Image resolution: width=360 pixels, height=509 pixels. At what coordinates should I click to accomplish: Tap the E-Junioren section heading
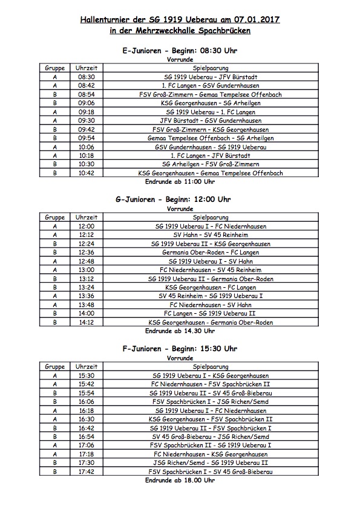coord(180,50)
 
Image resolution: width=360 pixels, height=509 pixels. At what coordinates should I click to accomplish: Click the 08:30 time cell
coord(86,77)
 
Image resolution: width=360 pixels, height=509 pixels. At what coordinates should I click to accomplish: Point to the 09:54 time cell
coord(86,138)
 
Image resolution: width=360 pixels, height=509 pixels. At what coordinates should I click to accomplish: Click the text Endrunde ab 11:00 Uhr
coord(180,181)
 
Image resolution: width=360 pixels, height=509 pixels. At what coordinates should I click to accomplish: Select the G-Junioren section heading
coord(180,199)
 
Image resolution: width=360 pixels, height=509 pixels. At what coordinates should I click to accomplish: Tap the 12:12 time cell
coord(86,235)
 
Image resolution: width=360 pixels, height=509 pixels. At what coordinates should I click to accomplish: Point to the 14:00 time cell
coord(86,314)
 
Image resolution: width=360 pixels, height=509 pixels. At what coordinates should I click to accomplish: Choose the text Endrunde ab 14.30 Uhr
coord(180,331)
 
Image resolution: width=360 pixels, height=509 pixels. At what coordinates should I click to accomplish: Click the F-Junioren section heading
coord(180,349)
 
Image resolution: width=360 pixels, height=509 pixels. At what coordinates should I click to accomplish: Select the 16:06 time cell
coord(86,401)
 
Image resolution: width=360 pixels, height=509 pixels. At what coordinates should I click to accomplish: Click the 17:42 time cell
coord(86,472)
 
